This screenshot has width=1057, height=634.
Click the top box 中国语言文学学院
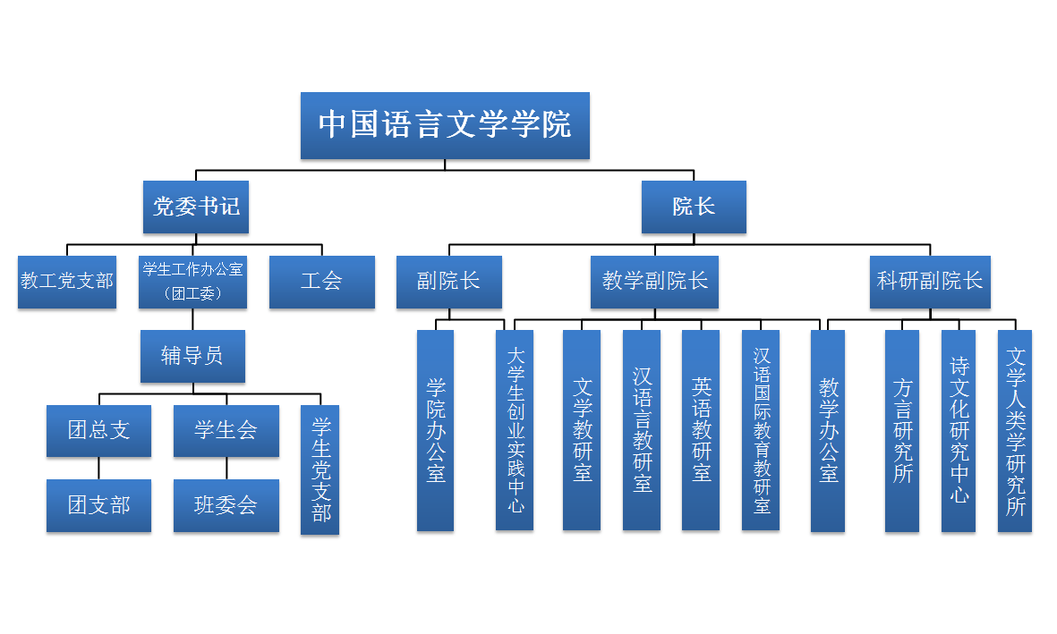(445, 125)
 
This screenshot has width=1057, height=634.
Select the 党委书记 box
(195, 207)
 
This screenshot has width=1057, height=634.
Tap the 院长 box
(694, 207)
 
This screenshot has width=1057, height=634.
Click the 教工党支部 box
(67, 282)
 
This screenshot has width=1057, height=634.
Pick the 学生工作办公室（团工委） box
(192, 282)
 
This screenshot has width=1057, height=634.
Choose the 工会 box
(321, 282)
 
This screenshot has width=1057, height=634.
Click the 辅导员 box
(192, 356)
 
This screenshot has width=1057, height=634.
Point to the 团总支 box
(98, 430)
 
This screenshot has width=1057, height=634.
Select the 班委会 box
(226, 505)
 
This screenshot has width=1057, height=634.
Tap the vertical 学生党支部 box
(320, 469)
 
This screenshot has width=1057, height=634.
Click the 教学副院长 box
(655, 282)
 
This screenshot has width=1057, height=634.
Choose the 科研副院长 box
(930, 282)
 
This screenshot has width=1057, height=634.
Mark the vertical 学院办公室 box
(435, 430)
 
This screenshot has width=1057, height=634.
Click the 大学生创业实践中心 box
(515, 430)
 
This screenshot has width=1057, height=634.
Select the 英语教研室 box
(701, 430)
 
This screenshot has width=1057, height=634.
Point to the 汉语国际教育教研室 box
(761, 430)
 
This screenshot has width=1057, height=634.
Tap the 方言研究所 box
(902, 430)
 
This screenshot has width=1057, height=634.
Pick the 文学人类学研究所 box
(1015, 430)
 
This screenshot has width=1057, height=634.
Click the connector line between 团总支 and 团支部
(98, 468)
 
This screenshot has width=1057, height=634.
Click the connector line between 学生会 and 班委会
(226, 468)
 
